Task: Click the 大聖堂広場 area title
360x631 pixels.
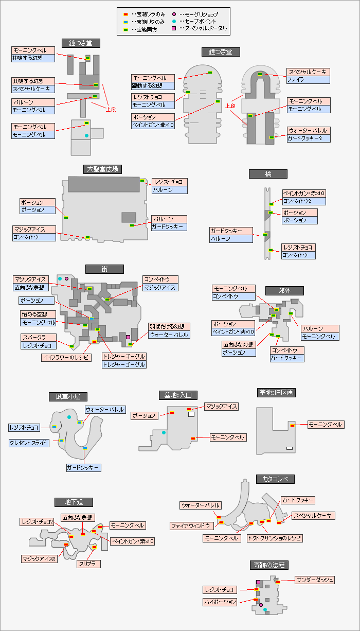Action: click(x=102, y=169)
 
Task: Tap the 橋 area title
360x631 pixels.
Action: click(x=268, y=174)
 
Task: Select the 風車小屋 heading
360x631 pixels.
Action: click(x=68, y=396)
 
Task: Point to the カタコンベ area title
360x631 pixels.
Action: click(x=275, y=479)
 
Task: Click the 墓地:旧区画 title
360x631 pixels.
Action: click(x=276, y=393)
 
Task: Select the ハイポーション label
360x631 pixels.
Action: click(x=220, y=602)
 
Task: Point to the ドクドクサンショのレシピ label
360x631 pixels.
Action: click(x=274, y=538)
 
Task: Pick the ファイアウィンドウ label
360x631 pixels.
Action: click(x=191, y=526)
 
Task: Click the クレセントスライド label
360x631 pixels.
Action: click(x=29, y=443)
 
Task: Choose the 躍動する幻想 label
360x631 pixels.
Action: click(x=153, y=85)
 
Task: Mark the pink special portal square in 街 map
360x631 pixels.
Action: click(x=128, y=337)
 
